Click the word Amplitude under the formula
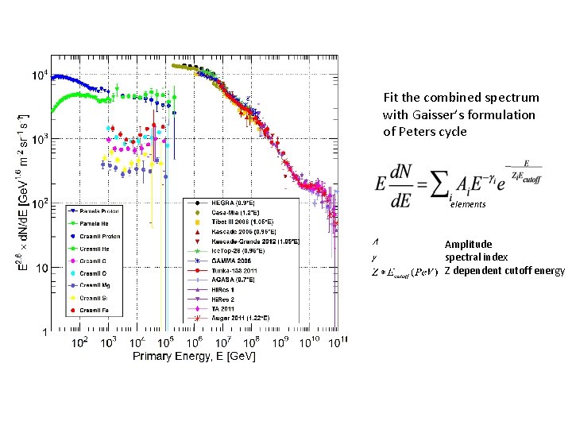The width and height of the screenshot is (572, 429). [x=468, y=245]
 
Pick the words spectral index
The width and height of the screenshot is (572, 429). [x=476, y=257]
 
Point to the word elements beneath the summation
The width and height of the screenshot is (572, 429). [x=466, y=205]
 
